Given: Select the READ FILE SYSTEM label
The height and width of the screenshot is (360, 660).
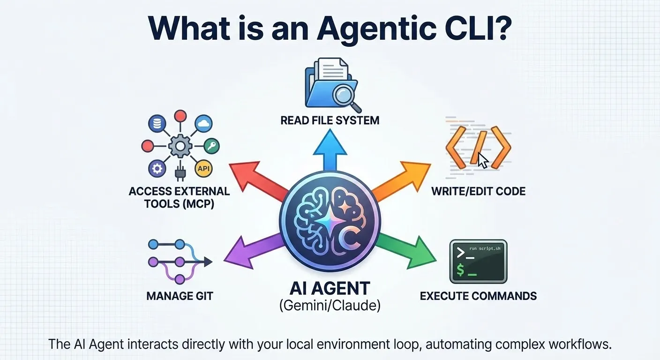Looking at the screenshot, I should coord(330,120).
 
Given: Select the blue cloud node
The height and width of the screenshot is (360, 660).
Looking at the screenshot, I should coord(203,123).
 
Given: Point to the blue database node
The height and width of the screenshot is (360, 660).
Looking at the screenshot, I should coord(156,124).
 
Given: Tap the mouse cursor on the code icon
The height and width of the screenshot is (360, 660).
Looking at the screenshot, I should coord(482,159).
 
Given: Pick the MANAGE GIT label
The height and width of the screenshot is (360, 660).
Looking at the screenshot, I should coord(180,296).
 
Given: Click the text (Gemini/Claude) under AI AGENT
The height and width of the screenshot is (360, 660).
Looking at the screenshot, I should coord(330,306).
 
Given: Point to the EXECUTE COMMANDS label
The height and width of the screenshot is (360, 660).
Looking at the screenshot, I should coord(478,296).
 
